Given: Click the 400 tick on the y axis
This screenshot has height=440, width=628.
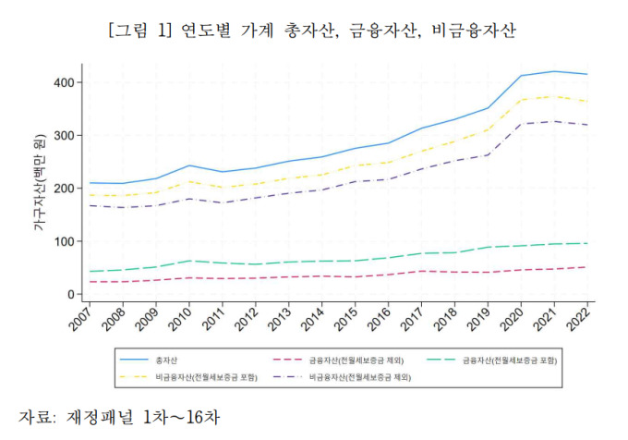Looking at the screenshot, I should (x=65, y=82).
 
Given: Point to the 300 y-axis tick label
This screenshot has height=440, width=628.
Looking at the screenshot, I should (x=65, y=135).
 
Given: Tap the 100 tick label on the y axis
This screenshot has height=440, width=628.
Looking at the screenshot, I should (x=65, y=241).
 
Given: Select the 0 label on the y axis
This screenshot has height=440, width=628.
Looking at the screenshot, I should (x=71, y=294).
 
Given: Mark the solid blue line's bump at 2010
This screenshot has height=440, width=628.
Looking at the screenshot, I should (x=188, y=165).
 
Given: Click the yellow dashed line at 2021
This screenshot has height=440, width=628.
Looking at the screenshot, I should (x=554, y=96).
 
